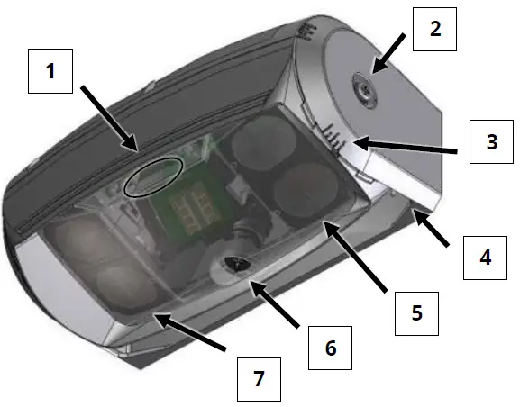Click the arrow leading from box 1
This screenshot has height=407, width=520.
[107, 115]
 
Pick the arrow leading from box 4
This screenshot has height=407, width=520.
[433, 230]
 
